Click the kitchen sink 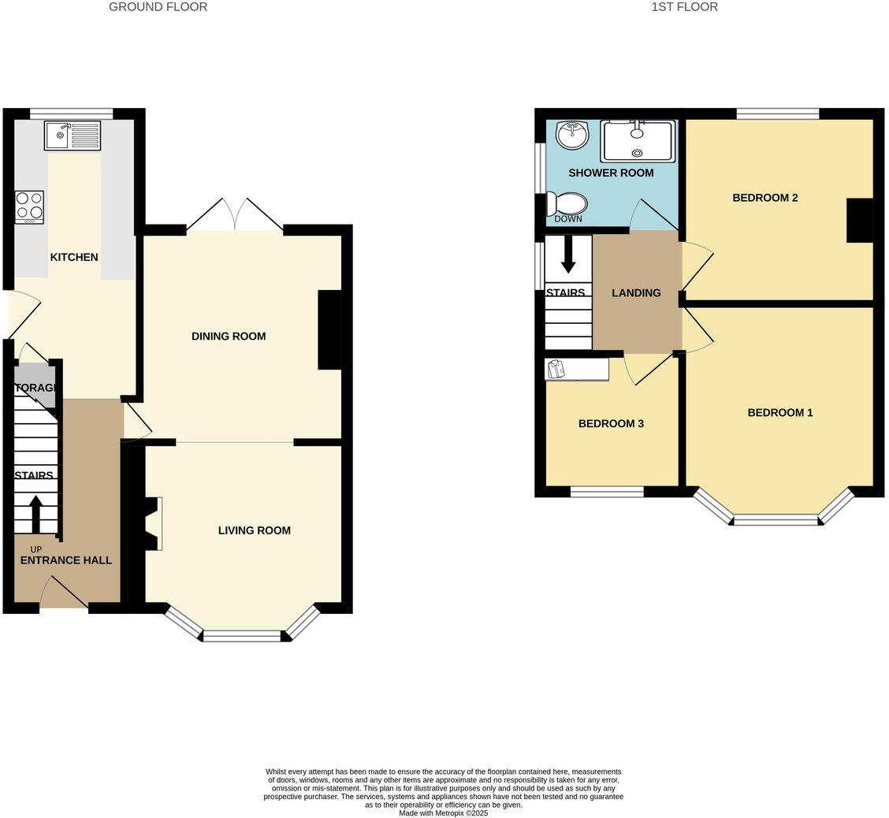pyautogui.click(x=73, y=136)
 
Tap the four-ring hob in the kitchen pyautogui.click(x=29, y=207)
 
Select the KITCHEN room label pyautogui.click(x=74, y=257)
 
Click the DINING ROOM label pyautogui.click(x=229, y=336)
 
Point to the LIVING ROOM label pyautogui.click(x=254, y=530)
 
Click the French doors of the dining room pyautogui.click(x=235, y=214)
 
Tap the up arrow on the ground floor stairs pyautogui.click(x=36, y=514)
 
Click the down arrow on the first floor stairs pyautogui.click(x=567, y=255)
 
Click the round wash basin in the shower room pyautogui.click(x=572, y=135)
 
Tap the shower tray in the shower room pyautogui.click(x=638, y=141)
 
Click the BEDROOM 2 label pyautogui.click(x=764, y=198)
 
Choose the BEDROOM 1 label pyautogui.click(x=779, y=412)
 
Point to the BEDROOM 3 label pyautogui.click(x=611, y=423)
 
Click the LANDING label pyautogui.click(x=636, y=292)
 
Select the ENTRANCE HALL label pyautogui.click(x=65, y=560)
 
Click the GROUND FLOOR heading pyautogui.click(x=158, y=7)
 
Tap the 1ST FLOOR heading pyautogui.click(x=684, y=7)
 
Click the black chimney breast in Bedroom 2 pyautogui.click(x=860, y=221)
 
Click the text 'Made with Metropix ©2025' pyautogui.click(x=443, y=812)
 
